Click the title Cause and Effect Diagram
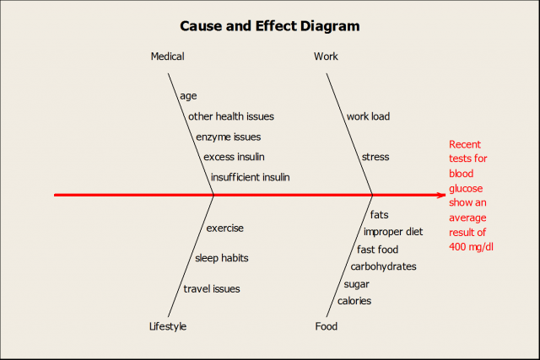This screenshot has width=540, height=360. (x=270, y=26)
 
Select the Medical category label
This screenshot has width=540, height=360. (x=167, y=56)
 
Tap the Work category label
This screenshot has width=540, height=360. (x=326, y=56)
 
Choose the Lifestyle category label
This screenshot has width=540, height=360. (x=168, y=326)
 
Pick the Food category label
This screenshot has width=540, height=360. (x=326, y=326)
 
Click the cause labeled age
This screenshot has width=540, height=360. (x=187, y=96)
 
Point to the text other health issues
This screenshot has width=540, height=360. (x=230, y=116)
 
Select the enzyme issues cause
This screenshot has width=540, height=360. (x=228, y=137)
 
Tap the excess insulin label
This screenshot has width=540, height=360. (x=234, y=157)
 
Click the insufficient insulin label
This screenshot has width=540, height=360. (x=250, y=177)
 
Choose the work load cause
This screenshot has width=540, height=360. (x=368, y=116)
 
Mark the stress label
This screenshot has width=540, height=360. (x=375, y=157)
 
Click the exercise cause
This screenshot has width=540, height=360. (x=224, y=228)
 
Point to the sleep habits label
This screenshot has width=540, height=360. (x=221, y=258)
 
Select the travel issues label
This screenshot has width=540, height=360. (x=212, y=288)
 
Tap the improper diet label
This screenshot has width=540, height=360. (x=393, y=232)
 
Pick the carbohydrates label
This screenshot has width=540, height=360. (x=383, y=266)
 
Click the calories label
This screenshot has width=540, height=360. (x=354, y=301)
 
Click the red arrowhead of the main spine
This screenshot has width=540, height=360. (x=440, y=196)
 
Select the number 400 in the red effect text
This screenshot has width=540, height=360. (x=459, y=246)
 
